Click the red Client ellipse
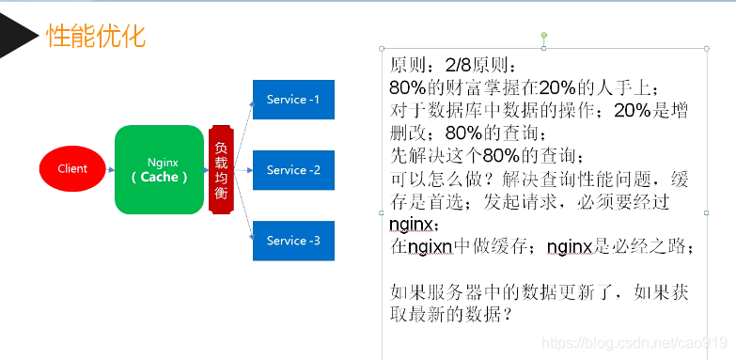tap(72, 169)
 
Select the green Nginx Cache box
tap(159, 169)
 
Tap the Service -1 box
tap(293, 100)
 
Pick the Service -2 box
tap(293, 170)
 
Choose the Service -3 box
tap(293, 241)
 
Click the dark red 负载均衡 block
tap(220, 169)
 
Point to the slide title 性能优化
tap(96, 37)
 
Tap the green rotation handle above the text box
tap(543, 36)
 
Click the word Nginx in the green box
tap(163, 163)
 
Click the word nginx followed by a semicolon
tap(410, 226)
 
